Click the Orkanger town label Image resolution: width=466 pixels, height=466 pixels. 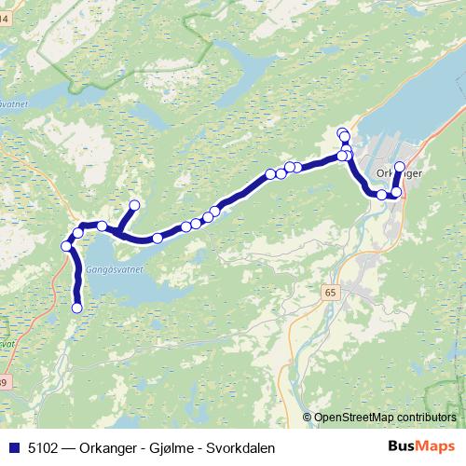coord(401,173)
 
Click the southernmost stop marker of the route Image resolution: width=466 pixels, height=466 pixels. coord(77,308)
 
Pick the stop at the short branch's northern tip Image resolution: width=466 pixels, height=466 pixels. coord(134,205)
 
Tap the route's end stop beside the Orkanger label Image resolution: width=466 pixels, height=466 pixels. coord(400,167)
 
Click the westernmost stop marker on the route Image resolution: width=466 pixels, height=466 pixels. coord(66,246)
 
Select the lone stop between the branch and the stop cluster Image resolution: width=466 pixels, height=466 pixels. coord(158,239)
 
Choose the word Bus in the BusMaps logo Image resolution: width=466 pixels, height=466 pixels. coord(403,445)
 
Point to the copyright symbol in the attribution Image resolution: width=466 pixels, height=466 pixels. coord(308,418)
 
